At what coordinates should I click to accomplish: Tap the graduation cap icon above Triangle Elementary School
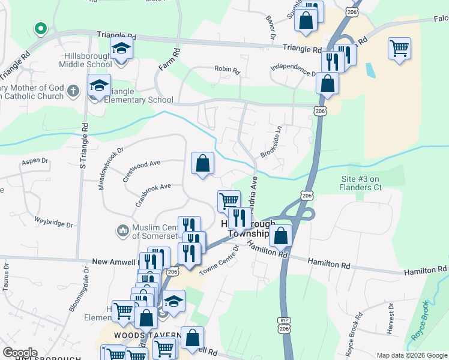tap(99, 86)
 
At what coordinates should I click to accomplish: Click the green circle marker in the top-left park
tap(41, 28)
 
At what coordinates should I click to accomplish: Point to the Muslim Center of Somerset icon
tap(122, 230)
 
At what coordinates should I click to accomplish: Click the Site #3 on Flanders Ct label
tap(361, 183)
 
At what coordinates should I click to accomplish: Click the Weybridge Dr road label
tap(53, 222)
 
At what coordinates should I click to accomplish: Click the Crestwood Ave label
tap(142, 163)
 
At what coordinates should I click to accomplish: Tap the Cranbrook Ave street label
tap(153, 193)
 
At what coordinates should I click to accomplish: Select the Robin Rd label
tap(227, 70)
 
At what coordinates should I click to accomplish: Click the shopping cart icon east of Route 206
tap(399, 48)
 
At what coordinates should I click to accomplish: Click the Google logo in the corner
tap(20, 353)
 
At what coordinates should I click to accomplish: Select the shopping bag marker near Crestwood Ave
tap(203, 163)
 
